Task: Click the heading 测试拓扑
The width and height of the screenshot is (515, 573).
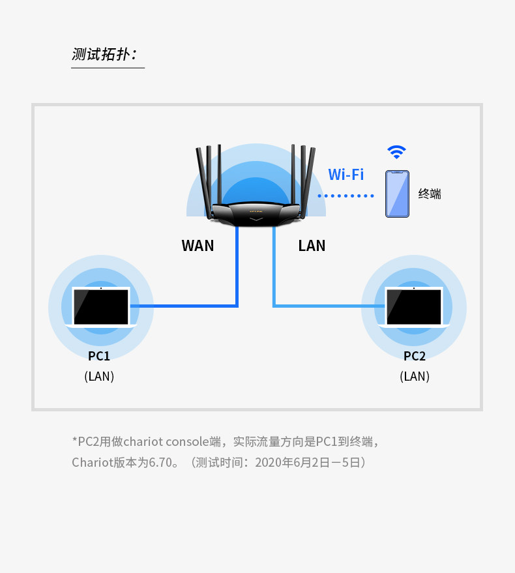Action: point(104,54)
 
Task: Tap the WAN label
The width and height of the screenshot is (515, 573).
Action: point(198,246)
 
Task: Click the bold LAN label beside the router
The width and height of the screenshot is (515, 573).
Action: point(312,246)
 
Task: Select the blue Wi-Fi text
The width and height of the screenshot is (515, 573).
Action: point(346,174)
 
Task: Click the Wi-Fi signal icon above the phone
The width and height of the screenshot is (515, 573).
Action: point(396,152)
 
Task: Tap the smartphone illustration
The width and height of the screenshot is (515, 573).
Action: point(397,194)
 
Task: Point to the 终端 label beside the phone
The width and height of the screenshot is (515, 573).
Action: point(430,194)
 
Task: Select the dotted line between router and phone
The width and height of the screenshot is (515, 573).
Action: point(346,196)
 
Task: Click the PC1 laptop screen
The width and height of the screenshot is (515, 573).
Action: point(101,306)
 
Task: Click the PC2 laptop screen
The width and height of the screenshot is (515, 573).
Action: point(414,306)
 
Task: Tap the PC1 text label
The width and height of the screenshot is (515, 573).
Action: point(99,356)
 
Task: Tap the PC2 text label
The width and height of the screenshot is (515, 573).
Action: point(415,356)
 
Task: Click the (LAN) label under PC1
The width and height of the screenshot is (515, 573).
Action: point(99,376)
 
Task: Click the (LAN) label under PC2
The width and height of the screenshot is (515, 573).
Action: point(415,376)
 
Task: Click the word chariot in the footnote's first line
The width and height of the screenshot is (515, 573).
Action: point(143,442)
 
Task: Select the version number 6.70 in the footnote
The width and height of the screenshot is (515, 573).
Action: point(160,463)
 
